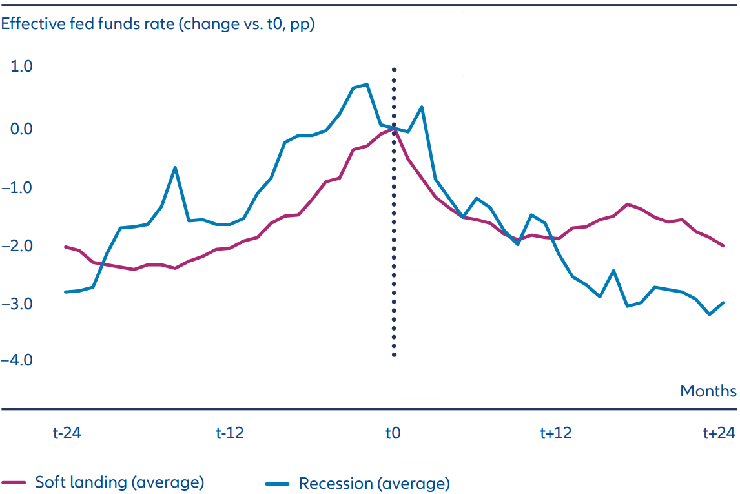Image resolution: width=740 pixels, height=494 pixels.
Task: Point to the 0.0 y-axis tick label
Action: point(22,129)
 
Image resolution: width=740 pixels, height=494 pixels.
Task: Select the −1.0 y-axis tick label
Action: point(19,187)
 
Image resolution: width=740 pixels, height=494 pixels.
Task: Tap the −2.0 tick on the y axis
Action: point(19,246)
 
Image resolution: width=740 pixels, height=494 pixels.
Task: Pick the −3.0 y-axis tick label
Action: point(19,303)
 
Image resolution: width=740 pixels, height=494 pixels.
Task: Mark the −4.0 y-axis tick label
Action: point(19,360)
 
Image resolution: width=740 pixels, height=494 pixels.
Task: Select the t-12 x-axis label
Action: point(230,433)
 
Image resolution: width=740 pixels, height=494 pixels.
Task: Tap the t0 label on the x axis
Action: point(393,433)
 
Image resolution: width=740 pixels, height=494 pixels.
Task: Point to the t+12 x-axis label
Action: point(556,433)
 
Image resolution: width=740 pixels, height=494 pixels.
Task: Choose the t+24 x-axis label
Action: point(719,433)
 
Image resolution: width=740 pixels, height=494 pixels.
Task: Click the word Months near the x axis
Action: point(708,391)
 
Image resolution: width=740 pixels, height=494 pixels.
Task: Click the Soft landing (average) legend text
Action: point(119,482)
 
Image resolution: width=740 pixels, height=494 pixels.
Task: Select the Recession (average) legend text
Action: point(374,483)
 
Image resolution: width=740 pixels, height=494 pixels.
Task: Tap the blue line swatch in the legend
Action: point(277,483)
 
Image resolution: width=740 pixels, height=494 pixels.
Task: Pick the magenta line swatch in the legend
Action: point(14,483)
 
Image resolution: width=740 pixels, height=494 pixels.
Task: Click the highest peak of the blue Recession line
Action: point(367,84)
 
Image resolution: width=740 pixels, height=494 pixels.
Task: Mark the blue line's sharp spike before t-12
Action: point(175,168)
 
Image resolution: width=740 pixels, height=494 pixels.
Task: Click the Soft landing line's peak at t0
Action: point(393,129)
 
